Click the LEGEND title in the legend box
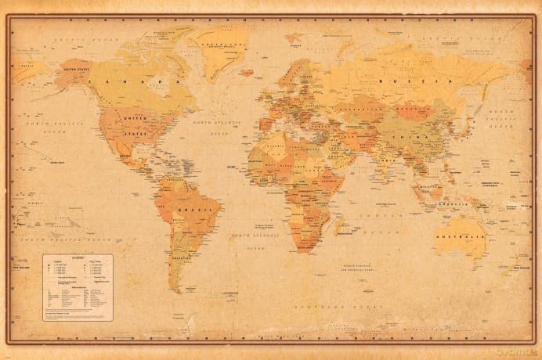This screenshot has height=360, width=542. [78, 261]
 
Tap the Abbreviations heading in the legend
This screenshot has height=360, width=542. [78, 284]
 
